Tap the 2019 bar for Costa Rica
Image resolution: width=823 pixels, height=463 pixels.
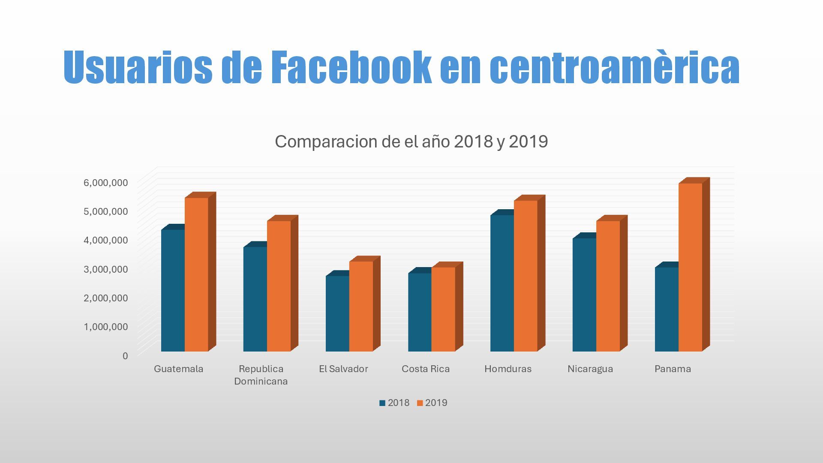click(x=443, y=309)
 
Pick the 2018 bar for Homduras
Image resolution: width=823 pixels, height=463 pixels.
click(x=502, y=283)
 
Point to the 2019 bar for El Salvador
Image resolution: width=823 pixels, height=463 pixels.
click(x=361, y=306)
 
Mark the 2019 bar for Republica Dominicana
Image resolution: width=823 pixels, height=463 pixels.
click(x=279, y=286)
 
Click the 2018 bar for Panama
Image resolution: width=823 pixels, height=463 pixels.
click(x=667, y=309)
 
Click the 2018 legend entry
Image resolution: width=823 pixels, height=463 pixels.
click(x=394, y=403)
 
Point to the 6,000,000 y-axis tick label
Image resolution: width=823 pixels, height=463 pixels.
click(x=105, y=183)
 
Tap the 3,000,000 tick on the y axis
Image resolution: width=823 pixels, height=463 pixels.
click(x=105, y=269)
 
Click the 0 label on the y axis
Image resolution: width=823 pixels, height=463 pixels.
click(x=125, y=356)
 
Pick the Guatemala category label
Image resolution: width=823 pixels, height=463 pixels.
click(x=178, y=369)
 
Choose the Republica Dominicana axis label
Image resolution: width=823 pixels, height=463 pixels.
click(x=261, y=375)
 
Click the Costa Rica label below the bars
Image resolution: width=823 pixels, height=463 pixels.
click(x=426, y=369)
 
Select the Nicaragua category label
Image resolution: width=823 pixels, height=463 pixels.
click(x=590, y=369)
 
